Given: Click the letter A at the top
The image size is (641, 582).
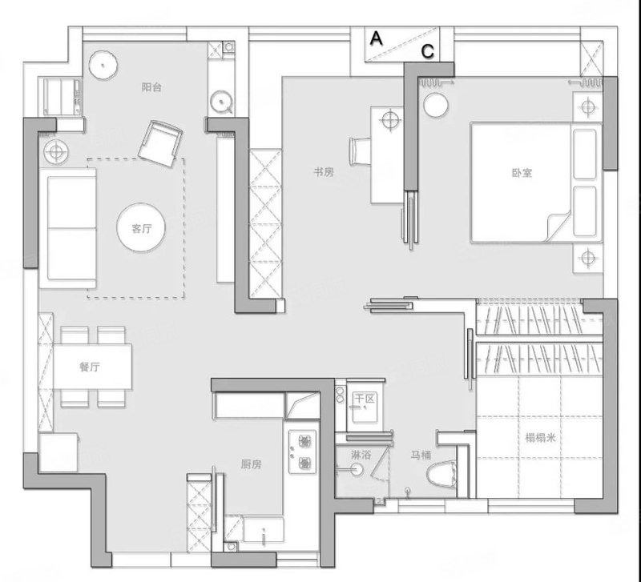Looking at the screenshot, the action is tap(376, 38).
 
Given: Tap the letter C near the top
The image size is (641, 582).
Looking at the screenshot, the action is tap(428, 51).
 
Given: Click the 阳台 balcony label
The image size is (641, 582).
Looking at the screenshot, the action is tap(151, 87).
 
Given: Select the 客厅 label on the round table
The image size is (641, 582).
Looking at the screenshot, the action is tap(142, 228).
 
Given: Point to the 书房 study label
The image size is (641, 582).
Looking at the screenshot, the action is tap(324, 172).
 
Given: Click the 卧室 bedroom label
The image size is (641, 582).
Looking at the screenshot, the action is tap(522, 173).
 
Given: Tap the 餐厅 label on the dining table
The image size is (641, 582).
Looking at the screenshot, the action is tap(90, 367).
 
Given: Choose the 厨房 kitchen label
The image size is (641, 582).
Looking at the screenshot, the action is tap(251, 464).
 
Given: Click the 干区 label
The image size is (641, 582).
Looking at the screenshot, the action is tap(365, 399).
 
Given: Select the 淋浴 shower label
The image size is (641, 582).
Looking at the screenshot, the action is tap(361, 454).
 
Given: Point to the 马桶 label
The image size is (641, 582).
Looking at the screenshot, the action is tap(421, 455).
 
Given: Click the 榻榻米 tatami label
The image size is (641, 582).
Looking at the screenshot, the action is tap(540, 438).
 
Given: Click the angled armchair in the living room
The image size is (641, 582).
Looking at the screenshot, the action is tap(160, 143).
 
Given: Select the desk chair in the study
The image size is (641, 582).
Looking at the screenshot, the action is tap(360, 151).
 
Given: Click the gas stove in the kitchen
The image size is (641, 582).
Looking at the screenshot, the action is tap(303, 452).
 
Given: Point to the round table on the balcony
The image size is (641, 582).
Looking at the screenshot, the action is tap(103, 65).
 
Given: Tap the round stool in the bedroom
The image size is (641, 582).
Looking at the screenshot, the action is tap(436, 106).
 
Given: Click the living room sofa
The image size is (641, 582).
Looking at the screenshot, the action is tap(68, 228).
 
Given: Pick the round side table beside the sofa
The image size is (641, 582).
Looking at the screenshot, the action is tap(56, 152).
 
